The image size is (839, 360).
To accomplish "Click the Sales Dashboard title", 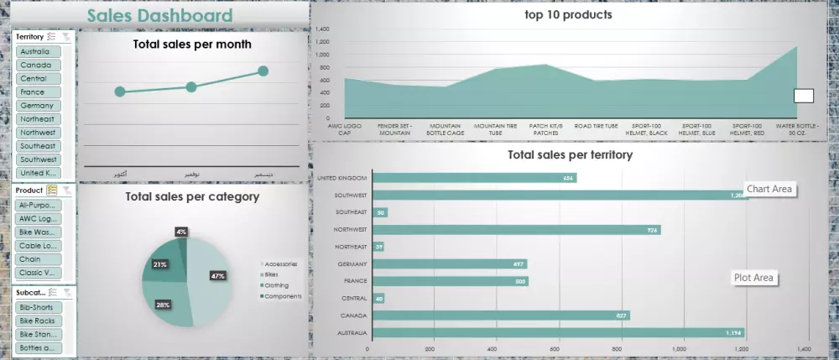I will click(x=159, y=15).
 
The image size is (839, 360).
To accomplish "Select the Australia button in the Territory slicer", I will click(x=37, y=52).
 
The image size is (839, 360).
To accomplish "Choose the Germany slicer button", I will click(x=37, y=106).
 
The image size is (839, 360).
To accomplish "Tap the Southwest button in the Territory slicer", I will click(x=38, y=159).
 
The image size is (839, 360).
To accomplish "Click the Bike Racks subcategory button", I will click(x=38, y=321).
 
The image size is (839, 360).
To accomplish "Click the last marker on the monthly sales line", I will click(x=263, y=71).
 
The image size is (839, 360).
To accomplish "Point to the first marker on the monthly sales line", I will click(x=120, y=91).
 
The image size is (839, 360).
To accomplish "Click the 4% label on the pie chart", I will click(x=181, y=231).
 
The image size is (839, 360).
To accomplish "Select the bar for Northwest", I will click(x=515, y=230).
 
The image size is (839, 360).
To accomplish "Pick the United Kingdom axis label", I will click(x=341, y=178).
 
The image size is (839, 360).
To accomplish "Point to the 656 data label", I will click(x=569, y=178).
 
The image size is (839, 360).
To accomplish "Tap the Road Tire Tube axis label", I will click(x=596, y=126).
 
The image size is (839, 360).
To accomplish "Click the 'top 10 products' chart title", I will click(x=568, y=14).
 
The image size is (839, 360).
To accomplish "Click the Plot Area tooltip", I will click(x=753, y=278).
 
